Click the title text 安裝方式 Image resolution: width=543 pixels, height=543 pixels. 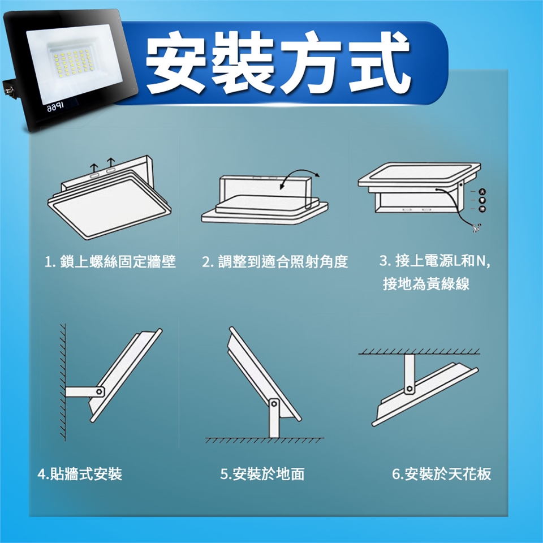tap(278, 62)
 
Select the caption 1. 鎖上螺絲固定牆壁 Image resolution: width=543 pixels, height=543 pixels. tap(110, 262)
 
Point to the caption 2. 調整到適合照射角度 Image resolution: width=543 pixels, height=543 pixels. tap(275, 262)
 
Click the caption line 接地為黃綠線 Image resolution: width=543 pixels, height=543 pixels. tap(426, 283)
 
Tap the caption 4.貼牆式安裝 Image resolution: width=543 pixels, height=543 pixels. tap(80, 474)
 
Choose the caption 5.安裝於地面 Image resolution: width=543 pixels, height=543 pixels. tap(262, 474)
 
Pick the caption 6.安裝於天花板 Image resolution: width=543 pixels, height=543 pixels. tap(442, 474)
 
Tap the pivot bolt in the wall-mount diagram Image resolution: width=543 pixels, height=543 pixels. tap(100, 391)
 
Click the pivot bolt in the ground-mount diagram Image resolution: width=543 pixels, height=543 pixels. tap(274, 404)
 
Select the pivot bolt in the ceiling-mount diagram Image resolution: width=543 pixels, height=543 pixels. tap(409, 389)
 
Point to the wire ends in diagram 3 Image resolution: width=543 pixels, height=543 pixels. tap(475, 227)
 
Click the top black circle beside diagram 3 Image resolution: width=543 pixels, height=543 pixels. tap(482, 192)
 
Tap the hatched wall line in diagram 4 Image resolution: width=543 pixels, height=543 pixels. tap(63, 382)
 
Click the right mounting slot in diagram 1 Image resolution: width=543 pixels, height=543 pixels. tap(111, 171)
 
